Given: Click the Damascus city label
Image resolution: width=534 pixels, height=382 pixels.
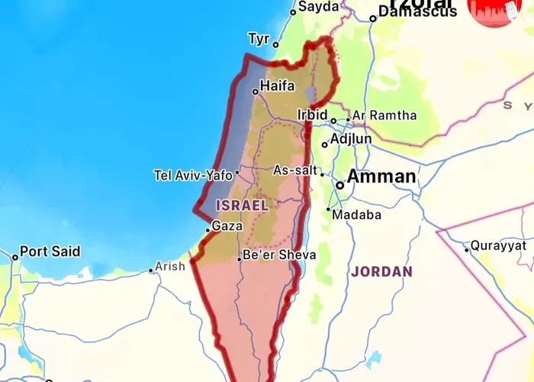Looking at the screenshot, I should (x=419, y=11).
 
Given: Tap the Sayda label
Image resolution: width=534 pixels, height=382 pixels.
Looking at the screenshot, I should (x=318, y=7).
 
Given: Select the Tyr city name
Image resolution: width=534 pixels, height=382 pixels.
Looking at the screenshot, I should (x=259, y=38).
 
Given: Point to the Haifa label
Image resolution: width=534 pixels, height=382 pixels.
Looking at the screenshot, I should (x=277, y=86).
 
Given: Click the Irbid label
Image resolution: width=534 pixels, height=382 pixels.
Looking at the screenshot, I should (x=312, y=115).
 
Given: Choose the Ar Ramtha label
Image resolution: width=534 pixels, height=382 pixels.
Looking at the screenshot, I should (x=384, y=115).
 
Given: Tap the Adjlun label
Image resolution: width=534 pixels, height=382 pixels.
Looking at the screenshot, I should (x=352, y=139).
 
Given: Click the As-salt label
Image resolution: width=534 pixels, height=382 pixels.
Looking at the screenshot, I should (x=295, y=170).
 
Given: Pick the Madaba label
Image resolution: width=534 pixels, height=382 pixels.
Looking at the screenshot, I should (x=356, y=215).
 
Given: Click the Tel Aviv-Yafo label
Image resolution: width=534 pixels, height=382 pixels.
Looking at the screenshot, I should (x=192, y=175).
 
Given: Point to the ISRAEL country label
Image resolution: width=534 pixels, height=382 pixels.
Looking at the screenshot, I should (x=242, y=206).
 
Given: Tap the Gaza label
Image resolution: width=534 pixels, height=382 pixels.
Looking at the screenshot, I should (x=227, y=226).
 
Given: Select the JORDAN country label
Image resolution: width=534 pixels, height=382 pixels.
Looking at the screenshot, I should (x=381, y=271).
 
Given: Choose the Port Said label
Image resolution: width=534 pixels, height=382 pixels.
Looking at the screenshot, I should (x=50, y=251).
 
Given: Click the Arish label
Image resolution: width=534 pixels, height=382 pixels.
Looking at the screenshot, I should (x=170, y=267).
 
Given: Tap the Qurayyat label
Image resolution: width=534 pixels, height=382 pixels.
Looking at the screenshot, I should (x=498, y=245).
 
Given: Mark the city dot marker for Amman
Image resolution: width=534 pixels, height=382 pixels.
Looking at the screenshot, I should (x=340, y=184).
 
